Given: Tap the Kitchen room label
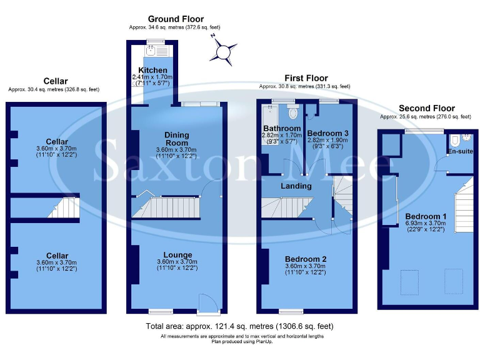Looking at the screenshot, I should (x=152, y=70).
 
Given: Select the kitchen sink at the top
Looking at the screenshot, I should (x=152, y=49).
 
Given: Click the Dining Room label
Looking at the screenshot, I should (x=177, y=139).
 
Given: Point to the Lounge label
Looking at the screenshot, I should (x=177, y=255).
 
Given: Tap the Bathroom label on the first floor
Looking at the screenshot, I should (x=281, y=129).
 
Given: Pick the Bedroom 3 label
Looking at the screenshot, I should (x=329, y=133).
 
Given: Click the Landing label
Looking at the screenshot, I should (x=296, y=186).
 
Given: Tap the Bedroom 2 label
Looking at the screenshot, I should (x=306, y=259).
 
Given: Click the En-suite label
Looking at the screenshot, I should (x=459, y=152).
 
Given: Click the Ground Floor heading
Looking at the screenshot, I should (x=175, y=19).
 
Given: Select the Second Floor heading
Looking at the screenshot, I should (x=427, y=108).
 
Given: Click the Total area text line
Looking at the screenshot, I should (x=239, y=326).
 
